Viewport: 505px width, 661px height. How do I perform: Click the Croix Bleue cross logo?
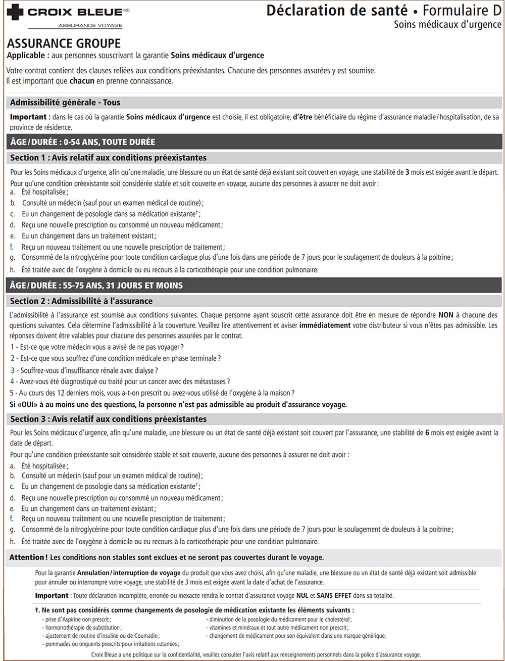tap(16, 12)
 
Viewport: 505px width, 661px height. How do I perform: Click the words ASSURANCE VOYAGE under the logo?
tap(90, 25)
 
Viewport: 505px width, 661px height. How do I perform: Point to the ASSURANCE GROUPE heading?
tap(64, 44)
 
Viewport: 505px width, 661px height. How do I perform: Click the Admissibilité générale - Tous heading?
tap(65, 103)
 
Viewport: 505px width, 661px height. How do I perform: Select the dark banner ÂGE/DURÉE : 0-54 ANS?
tap(83, 142)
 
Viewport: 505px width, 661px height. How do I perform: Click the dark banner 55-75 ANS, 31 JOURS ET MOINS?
tap(96, 286)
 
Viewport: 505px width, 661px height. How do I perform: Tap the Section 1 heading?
tap(108, 158)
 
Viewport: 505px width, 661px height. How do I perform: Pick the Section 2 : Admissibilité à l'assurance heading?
tap(81, 301)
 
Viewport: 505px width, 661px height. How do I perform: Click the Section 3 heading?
tap(108, 419)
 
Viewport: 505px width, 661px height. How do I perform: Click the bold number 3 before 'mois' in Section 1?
tap(407, 172)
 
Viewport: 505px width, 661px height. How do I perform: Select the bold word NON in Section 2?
tap(446, 314)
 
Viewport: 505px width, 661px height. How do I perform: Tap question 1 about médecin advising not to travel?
tap(97, 347)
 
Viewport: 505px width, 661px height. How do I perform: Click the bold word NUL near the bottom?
tap(302, 596)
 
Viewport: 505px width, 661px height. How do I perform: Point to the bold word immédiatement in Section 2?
tap(325, 325)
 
